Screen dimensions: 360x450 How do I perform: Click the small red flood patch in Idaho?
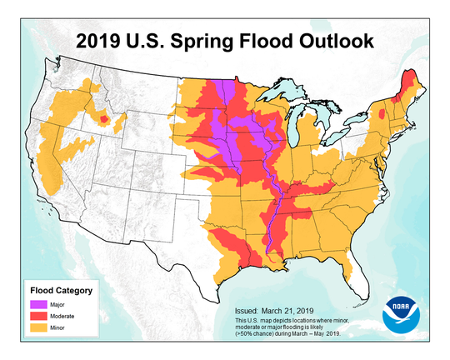[x=104, y=120]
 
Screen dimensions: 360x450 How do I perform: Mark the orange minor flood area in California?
[x=50, y=167]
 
